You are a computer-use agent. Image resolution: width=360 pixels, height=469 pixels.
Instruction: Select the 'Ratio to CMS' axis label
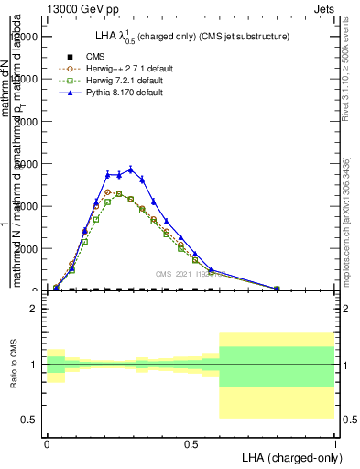(14, 377)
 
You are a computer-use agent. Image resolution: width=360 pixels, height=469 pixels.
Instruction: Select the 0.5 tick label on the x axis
(191, 444)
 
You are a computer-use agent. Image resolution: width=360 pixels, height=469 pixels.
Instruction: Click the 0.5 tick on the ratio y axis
(30, 420)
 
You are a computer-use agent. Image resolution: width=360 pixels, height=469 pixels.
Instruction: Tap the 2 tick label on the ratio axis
(35, 309)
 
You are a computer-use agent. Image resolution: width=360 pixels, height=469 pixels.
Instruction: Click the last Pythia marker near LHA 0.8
(277, 288)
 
